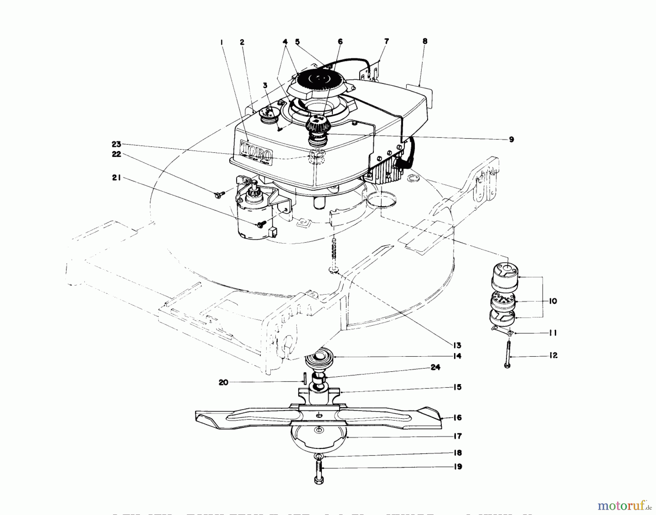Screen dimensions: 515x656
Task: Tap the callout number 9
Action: pyautogui.click(x=511, y=139)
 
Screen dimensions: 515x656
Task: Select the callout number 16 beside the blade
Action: pyautogui.click(x=457, y=418)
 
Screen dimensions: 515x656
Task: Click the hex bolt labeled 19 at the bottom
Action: pyautogui.click(x=319, y=472)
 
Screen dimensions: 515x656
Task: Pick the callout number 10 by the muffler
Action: pyautogui.click(x=553, y=301)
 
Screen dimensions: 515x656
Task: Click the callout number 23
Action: pyautogui.click(x=116, y=144)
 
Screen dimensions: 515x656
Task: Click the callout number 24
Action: pyautogui.click(x=436, y=367)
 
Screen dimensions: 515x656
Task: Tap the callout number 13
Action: pyautogui.click(x=457, y=345)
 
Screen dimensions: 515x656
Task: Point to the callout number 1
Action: pyautogui.click(x=221, y=42)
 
